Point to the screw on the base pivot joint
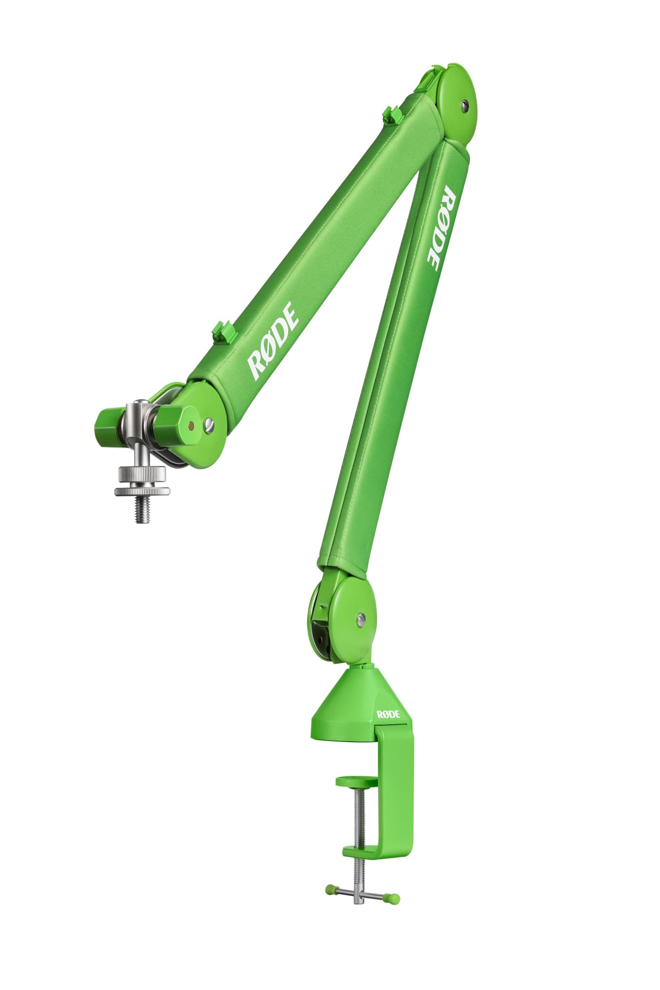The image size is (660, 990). [361, 618]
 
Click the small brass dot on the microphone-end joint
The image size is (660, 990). [191, 425]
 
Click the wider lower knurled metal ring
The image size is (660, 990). [142, 491]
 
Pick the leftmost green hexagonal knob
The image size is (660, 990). [107, 425]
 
